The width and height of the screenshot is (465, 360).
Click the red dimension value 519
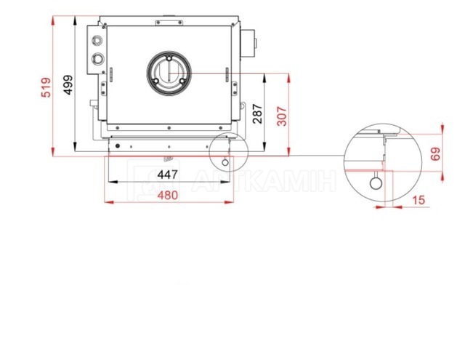(x=46, y=87)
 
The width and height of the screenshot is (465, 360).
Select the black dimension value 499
(x=68, y=85)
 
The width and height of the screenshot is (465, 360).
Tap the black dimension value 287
(x=257, y=113)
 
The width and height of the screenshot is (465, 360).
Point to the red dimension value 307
(x=283, y=116)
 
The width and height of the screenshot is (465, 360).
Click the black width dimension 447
(x=168, y=175)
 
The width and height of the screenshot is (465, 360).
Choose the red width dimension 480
(x=168, y=196)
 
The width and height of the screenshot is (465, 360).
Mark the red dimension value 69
(x=436, y=154)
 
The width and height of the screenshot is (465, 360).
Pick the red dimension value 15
(x=418, y=200)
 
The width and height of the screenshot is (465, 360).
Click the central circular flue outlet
(x=169, y=73)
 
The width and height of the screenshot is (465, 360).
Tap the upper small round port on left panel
(x=97, y=40)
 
